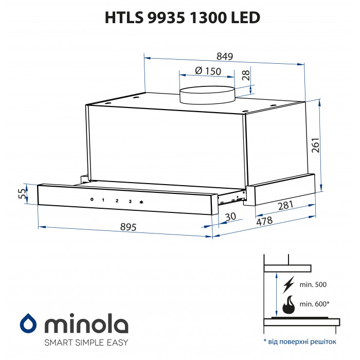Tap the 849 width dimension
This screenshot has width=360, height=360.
[225, 56]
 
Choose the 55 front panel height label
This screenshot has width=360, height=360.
[22, 194]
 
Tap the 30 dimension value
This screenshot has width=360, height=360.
[231, 217]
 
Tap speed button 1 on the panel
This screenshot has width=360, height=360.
[102, 200]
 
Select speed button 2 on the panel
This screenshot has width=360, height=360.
[117, 201]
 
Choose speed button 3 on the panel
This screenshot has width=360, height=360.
[130, 202]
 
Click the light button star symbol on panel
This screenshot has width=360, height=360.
[141, 202]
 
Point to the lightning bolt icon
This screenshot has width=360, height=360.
[290, 284]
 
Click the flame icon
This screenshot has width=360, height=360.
[290, 304]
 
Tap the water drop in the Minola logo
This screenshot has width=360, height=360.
[28, 324]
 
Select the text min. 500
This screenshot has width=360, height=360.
[313, 284]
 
